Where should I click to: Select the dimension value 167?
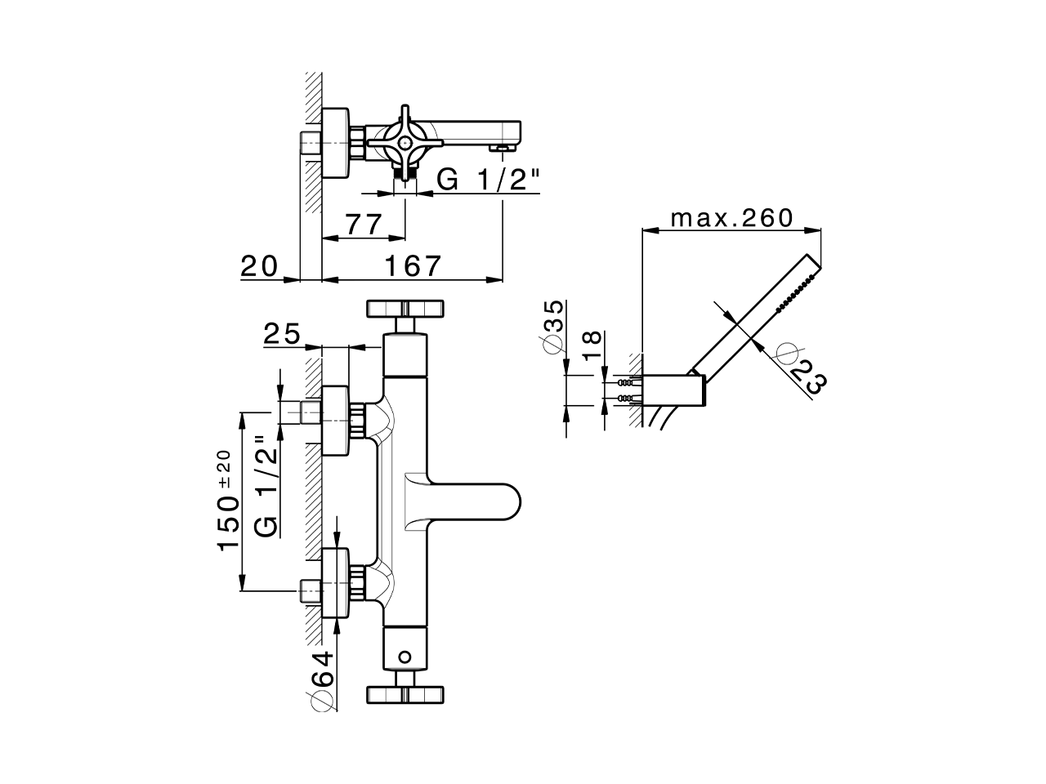coord(412,265)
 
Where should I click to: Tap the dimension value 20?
coord(259,265)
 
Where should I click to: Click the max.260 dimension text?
coord(731,218)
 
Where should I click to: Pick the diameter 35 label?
coord(553,327)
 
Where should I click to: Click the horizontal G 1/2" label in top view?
coord(488,179)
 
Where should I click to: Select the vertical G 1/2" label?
coord(266,485)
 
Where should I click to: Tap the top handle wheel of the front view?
coord(406,308)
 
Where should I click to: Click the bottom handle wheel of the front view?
coord(406,694)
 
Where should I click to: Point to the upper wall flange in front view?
coord(337,420)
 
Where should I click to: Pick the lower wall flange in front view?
coord(337,585)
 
